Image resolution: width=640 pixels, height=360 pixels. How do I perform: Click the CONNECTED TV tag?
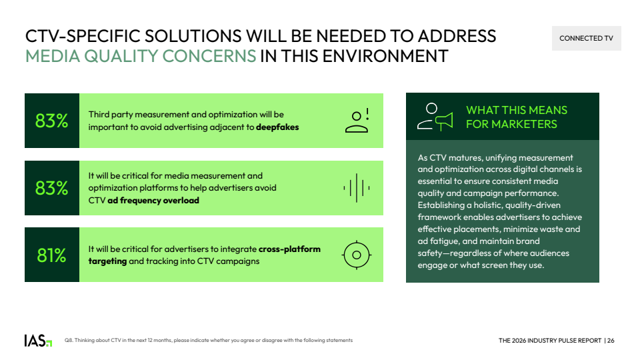(x=586, y=39)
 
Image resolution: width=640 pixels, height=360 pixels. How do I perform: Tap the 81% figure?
(x=51, y=255)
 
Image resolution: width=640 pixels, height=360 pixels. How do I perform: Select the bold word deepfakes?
(x=277, y=127)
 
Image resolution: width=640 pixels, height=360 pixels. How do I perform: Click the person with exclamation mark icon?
(x=357, y=121)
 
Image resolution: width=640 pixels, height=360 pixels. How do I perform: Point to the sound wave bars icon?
(x=356, y=188)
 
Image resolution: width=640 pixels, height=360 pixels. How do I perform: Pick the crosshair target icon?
(x=356, y=255)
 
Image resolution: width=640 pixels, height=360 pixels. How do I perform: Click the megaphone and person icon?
(x=435, y=117)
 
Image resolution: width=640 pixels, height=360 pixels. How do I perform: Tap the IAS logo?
(x=38, y=341)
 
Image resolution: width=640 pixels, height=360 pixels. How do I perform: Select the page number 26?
(x=611, y=341)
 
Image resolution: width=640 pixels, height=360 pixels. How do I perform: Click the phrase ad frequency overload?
(x=153, y=201)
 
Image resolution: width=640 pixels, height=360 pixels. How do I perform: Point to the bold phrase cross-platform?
(x=289, y=249)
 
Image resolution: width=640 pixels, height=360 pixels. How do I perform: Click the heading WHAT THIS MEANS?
(x=517, y=110)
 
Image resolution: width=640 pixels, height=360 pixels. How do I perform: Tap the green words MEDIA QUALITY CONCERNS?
(x=141, y=56)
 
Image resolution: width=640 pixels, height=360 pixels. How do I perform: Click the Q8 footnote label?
(x=68, y=341)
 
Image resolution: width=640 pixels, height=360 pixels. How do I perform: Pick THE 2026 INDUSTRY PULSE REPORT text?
(x=550, y=341)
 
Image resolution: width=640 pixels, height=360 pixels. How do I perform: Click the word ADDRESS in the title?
(x=457, y=36)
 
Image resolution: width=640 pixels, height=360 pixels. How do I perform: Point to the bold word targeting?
(x=107, y=261)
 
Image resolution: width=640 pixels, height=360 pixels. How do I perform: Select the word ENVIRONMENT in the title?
(x=385, y=56)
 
